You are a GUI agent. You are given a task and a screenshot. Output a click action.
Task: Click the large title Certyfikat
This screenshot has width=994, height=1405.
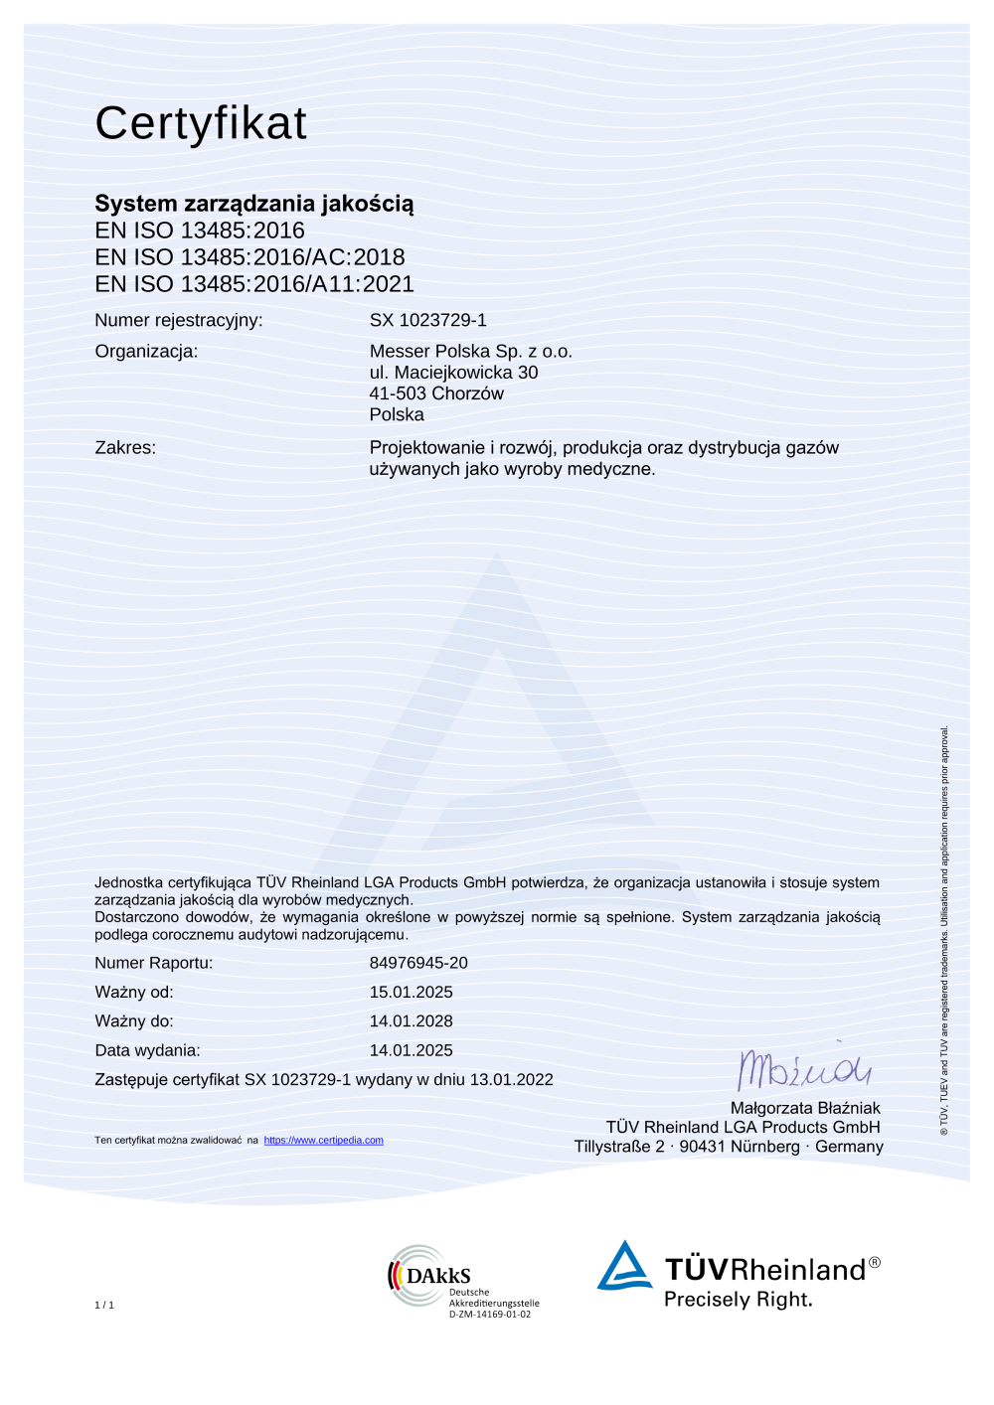pos(201,124)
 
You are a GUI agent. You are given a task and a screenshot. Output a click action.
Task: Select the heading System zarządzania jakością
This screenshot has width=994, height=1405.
pos(253,204)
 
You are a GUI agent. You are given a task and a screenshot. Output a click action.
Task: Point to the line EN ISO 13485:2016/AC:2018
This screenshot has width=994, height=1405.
pos(249,257)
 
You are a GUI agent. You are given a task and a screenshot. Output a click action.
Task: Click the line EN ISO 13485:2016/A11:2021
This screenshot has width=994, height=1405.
pos(253,284)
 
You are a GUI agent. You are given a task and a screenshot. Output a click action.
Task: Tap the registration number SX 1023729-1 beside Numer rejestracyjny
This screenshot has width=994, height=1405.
pos(427,320)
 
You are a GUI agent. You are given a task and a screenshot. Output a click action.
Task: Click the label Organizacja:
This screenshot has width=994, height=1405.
pos(146,351)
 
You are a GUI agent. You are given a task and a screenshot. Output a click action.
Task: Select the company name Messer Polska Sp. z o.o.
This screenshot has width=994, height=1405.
pos(470,351)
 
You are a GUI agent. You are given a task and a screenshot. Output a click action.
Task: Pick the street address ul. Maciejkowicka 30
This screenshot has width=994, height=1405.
pos(453,373)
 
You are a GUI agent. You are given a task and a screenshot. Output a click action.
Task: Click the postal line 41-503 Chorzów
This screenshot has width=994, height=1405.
pos(436,393)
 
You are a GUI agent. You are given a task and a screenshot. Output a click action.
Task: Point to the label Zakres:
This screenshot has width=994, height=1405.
pos(125,448)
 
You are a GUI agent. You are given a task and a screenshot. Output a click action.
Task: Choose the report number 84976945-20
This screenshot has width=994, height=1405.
pos(418,963)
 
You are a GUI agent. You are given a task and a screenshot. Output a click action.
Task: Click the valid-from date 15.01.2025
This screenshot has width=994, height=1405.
pos(411,992)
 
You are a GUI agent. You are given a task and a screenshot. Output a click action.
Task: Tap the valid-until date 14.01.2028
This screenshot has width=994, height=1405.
pos(411,1021)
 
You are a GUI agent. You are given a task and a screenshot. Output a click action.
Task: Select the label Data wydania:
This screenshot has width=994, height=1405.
pos(147,1050)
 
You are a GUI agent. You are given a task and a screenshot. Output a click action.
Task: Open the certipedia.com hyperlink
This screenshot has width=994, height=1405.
pos(323,1141)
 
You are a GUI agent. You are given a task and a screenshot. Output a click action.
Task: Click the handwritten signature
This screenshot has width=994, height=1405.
pos(803,1069)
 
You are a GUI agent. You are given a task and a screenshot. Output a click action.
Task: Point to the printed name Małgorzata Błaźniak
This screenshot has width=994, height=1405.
pos(805,1108)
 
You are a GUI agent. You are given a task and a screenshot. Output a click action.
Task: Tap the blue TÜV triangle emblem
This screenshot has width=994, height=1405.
pos(624,1266)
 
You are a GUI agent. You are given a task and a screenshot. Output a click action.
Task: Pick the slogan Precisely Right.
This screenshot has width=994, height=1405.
pos(738,1300)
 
